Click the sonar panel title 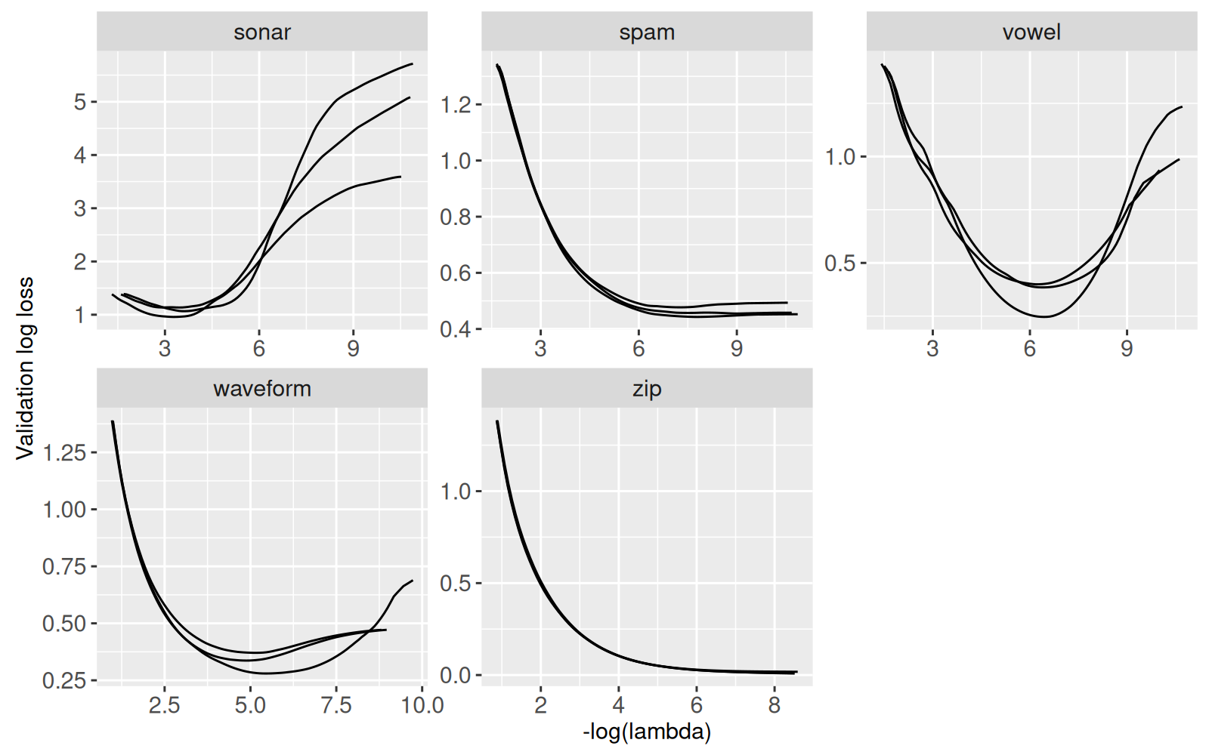click(x=261, y=32)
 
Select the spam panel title click(x=647, y=32)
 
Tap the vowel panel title click(x=1031, y=32)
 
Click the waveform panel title click(x=261, y=389)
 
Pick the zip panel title click(x=647, y=389)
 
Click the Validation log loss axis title click(x=25, y=368)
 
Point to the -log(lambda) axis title click(x=647, y=732)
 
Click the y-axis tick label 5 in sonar click(x=80, y=102)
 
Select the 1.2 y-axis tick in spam click(x=456, y=104)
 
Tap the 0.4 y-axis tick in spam click(x=456, y=329)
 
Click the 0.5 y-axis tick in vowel click(x=840, y=263)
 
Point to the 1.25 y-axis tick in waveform click(x=64, y=453)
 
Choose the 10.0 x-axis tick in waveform click(x=422, y=706)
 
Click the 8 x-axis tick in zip click(x=774, y=706)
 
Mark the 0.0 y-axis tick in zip click(x=456, y=676)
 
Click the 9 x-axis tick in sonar click(x=353, y=349)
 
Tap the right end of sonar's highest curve click(x=412, y=64)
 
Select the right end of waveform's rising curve click(x=413, y=581)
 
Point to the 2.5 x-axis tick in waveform click(x=164, y=706)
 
